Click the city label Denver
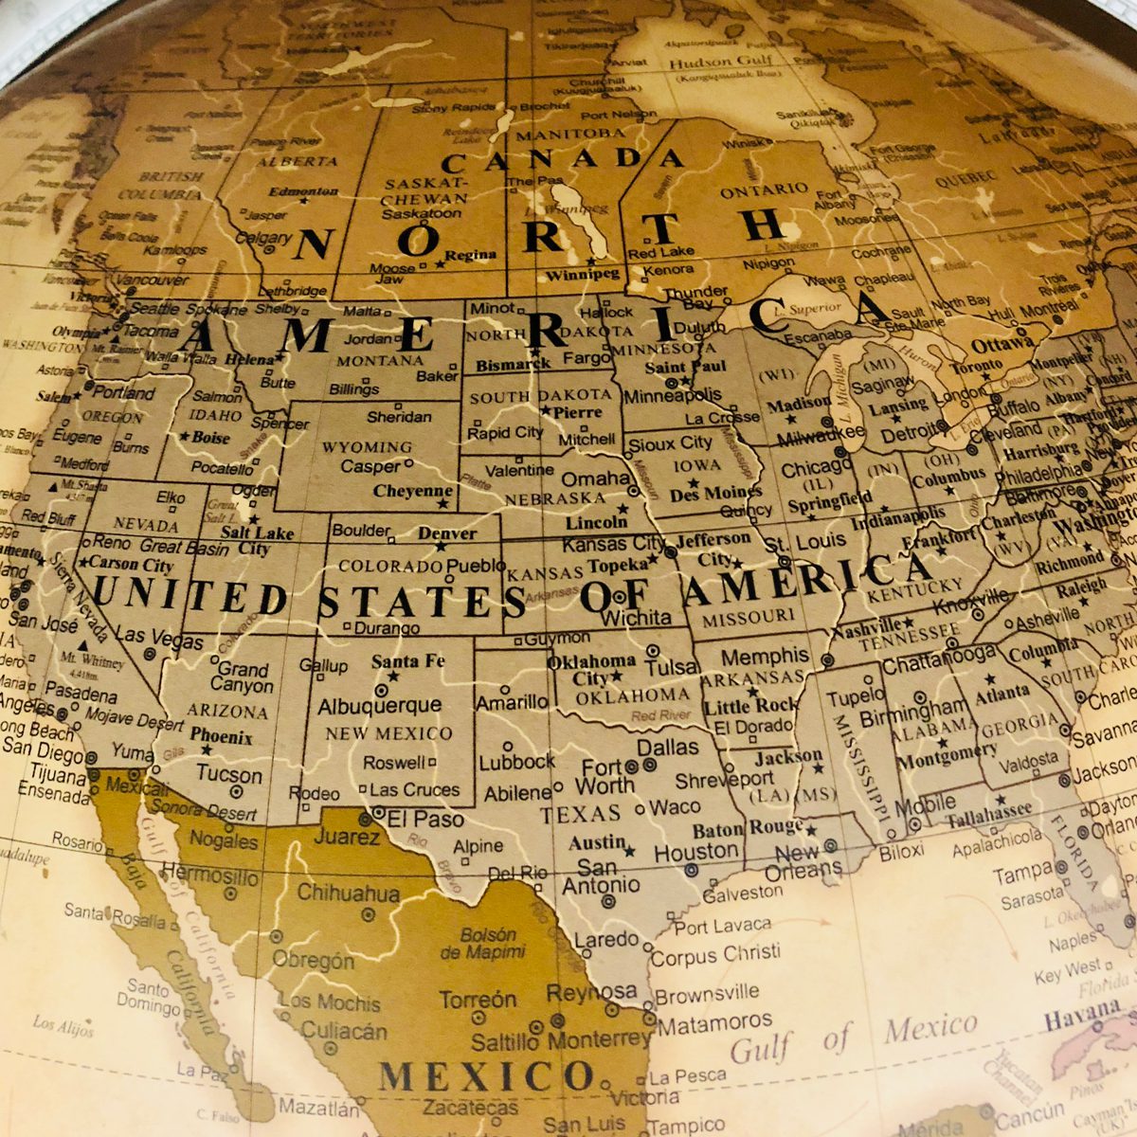tap(447, 533)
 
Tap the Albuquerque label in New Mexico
tap(379, 706)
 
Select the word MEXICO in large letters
tap(486, 1076)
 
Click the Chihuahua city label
tap(349, 893)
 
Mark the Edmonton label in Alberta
tap(303, 190)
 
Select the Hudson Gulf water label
tap(714, 63)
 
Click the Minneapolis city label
tap(672, 395)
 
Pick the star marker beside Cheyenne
tap(442, 504)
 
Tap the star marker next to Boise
tap(184, 437)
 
